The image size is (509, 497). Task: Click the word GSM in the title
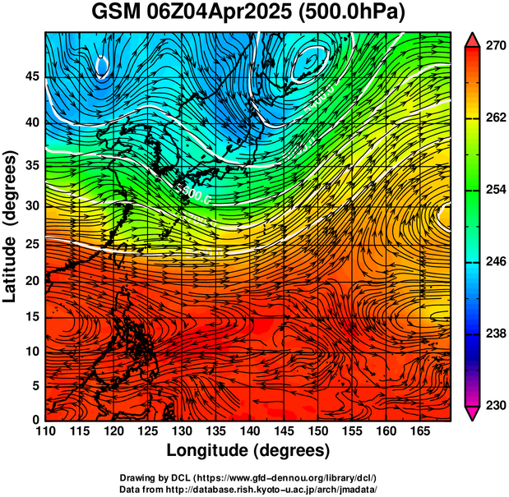point(116,13)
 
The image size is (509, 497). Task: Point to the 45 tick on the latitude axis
point(31,76)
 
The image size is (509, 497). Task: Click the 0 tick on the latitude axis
point(35,420)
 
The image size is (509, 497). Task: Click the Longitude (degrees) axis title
point(248,450)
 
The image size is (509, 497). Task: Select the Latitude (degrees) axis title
point(12,225)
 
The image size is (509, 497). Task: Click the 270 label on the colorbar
point(494,47)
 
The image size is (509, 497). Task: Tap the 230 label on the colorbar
point(494,405)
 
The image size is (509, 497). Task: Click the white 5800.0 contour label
point(194,194)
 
